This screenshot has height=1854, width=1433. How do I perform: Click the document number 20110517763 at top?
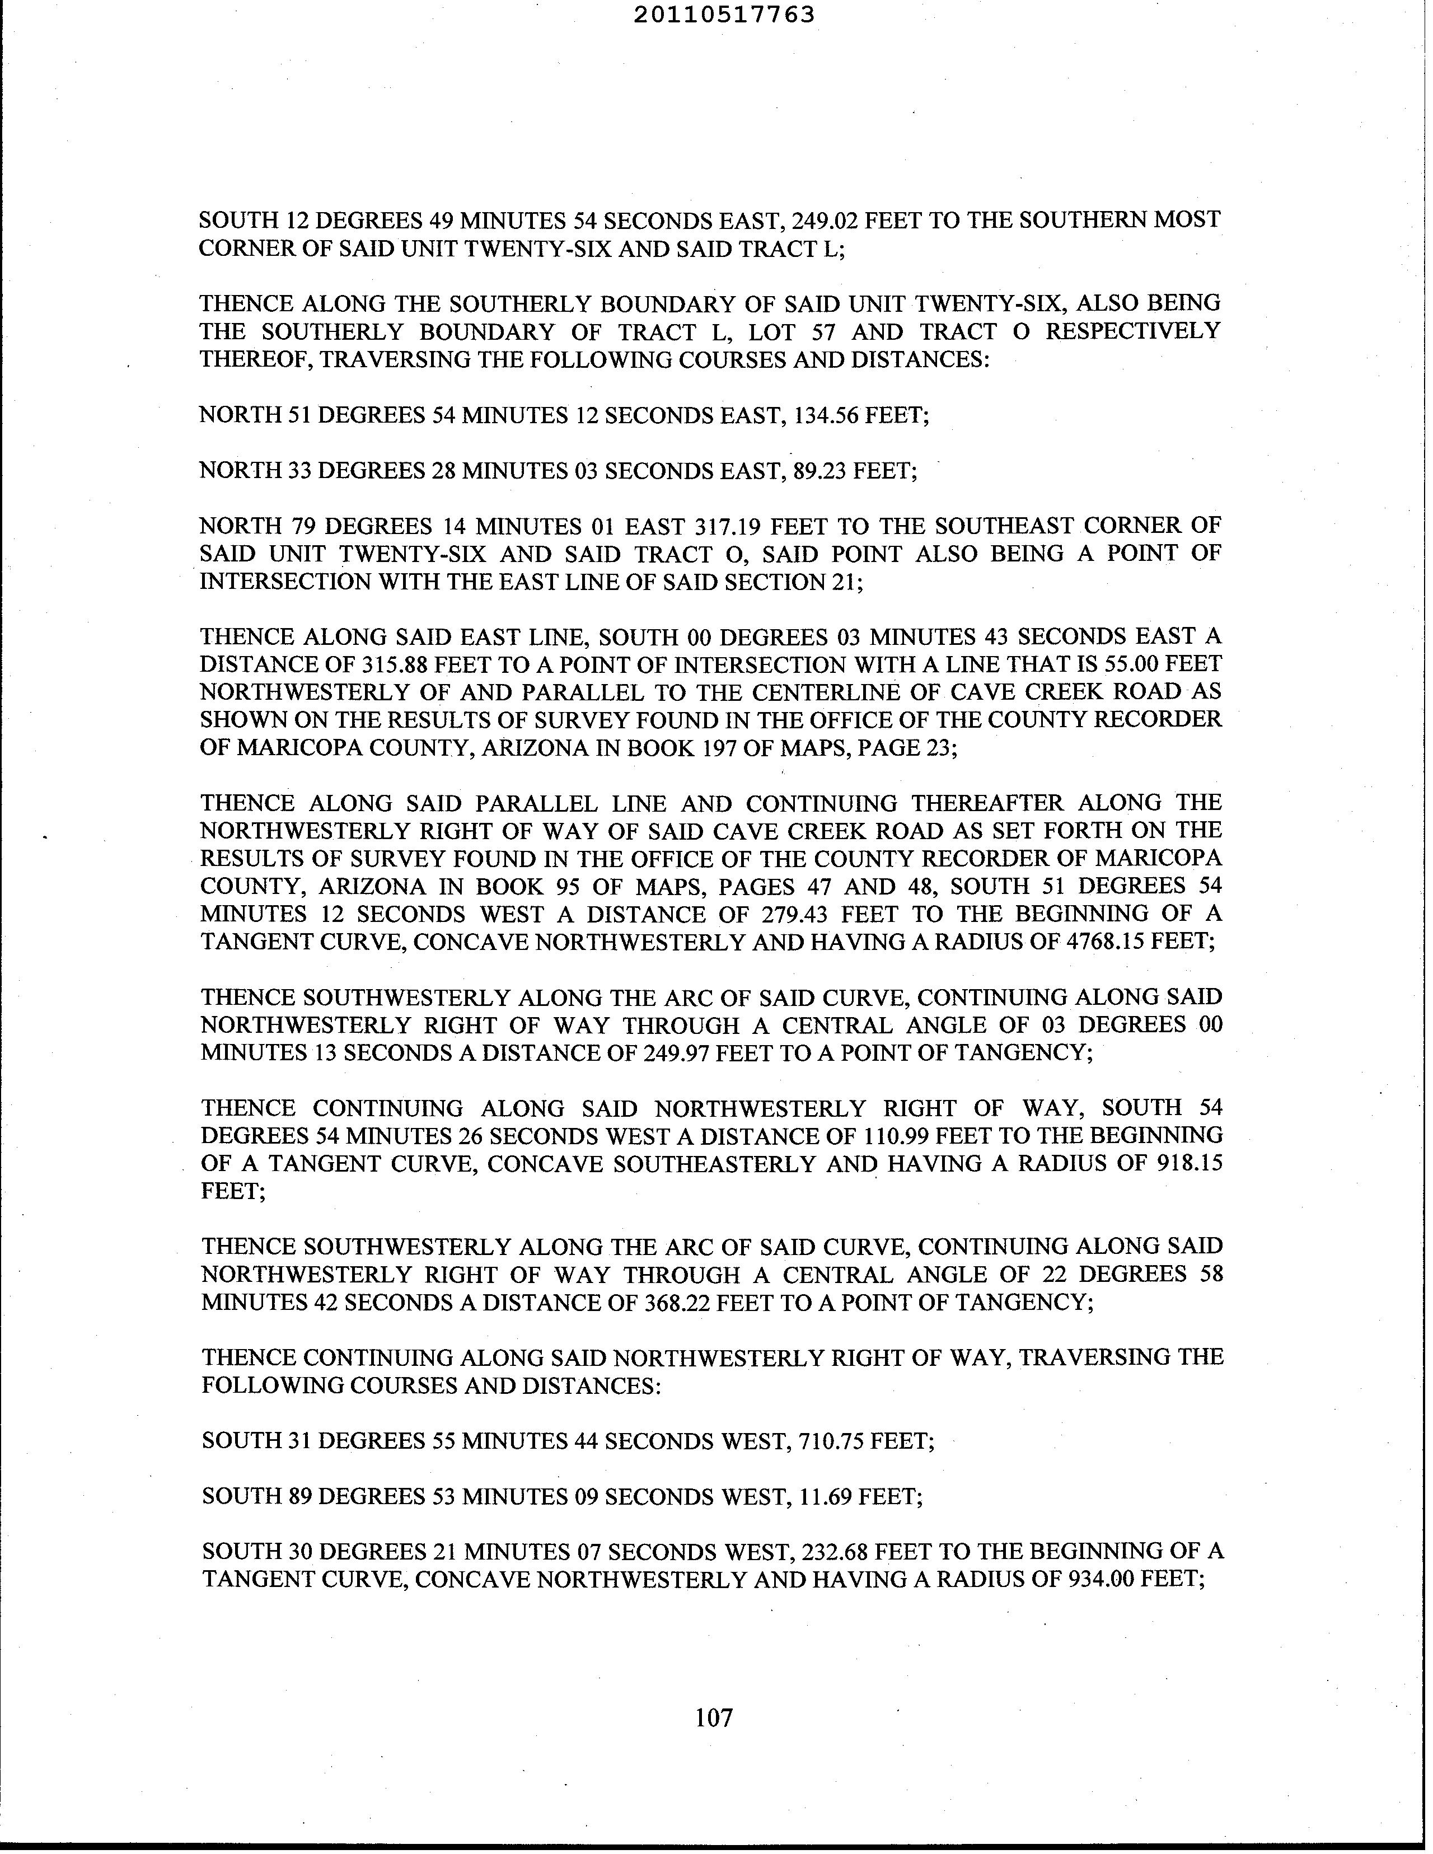coord(724,15)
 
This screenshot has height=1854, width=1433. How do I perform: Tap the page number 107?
coord(713,1717)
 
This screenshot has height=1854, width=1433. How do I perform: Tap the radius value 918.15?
coord(1190,1163)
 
